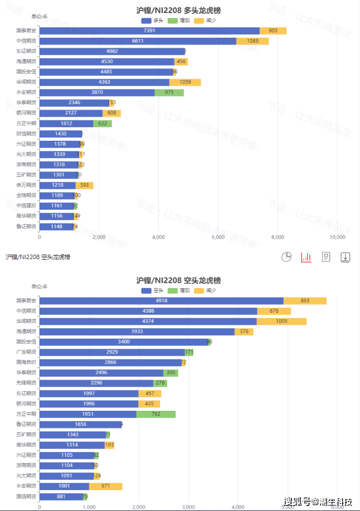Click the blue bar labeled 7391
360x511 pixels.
coord(149,31)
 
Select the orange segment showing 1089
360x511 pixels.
coord(252,41)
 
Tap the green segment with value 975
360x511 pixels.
coord(169,93)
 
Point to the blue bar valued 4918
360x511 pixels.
coord(161,301)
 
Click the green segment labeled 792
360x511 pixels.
coord(156,414)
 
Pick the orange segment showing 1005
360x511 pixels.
coord(281,321)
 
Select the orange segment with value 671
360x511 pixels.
coord(105,486)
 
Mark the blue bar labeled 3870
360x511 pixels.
coord(97,93)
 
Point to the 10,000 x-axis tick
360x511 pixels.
coord(337,237)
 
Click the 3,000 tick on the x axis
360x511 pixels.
coord(188,507)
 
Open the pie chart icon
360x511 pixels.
coord(287,257)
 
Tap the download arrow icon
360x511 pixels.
coord(345,257)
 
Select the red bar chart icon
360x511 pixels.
coord(306,257)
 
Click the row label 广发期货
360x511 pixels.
coord(26,352)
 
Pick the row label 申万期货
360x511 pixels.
coord(26,185)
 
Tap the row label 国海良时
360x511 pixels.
coord(26,363)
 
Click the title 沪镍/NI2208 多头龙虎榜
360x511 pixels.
coord(179,10)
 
